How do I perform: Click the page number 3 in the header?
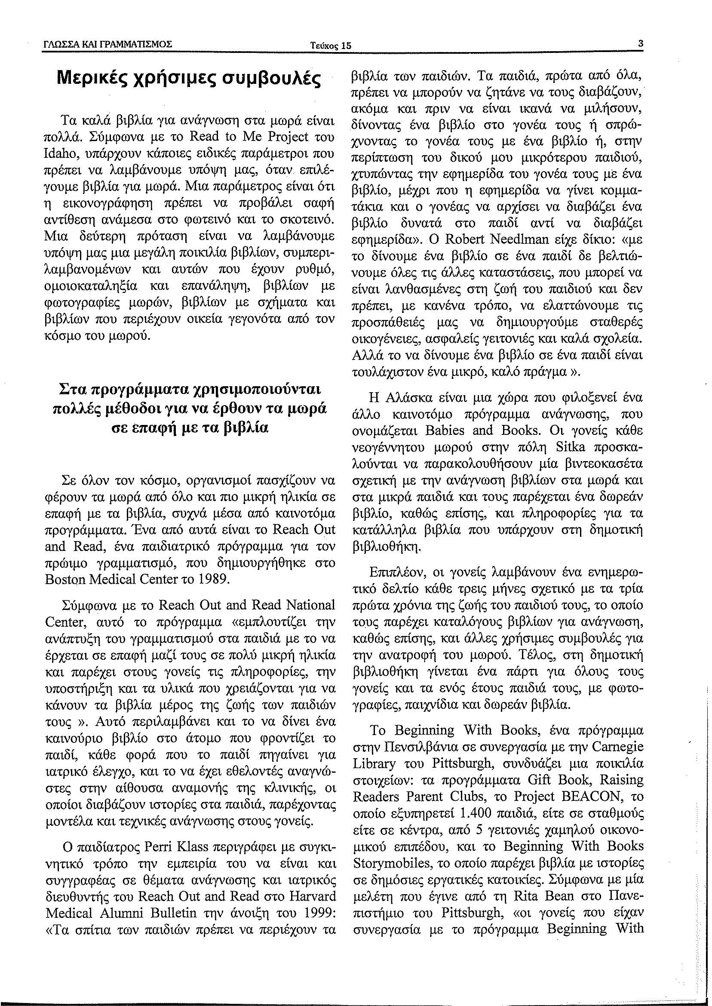click(x=641, y=44)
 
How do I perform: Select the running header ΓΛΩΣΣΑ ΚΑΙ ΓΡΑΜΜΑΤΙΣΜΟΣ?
click(x=107, y=44)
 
